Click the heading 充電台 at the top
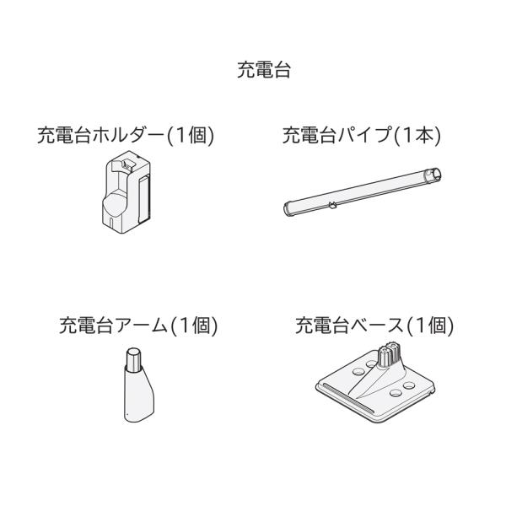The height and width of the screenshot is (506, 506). coord(253,73)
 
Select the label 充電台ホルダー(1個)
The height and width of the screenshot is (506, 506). coord(126,136)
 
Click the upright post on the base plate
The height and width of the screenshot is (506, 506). coord(389,354)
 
